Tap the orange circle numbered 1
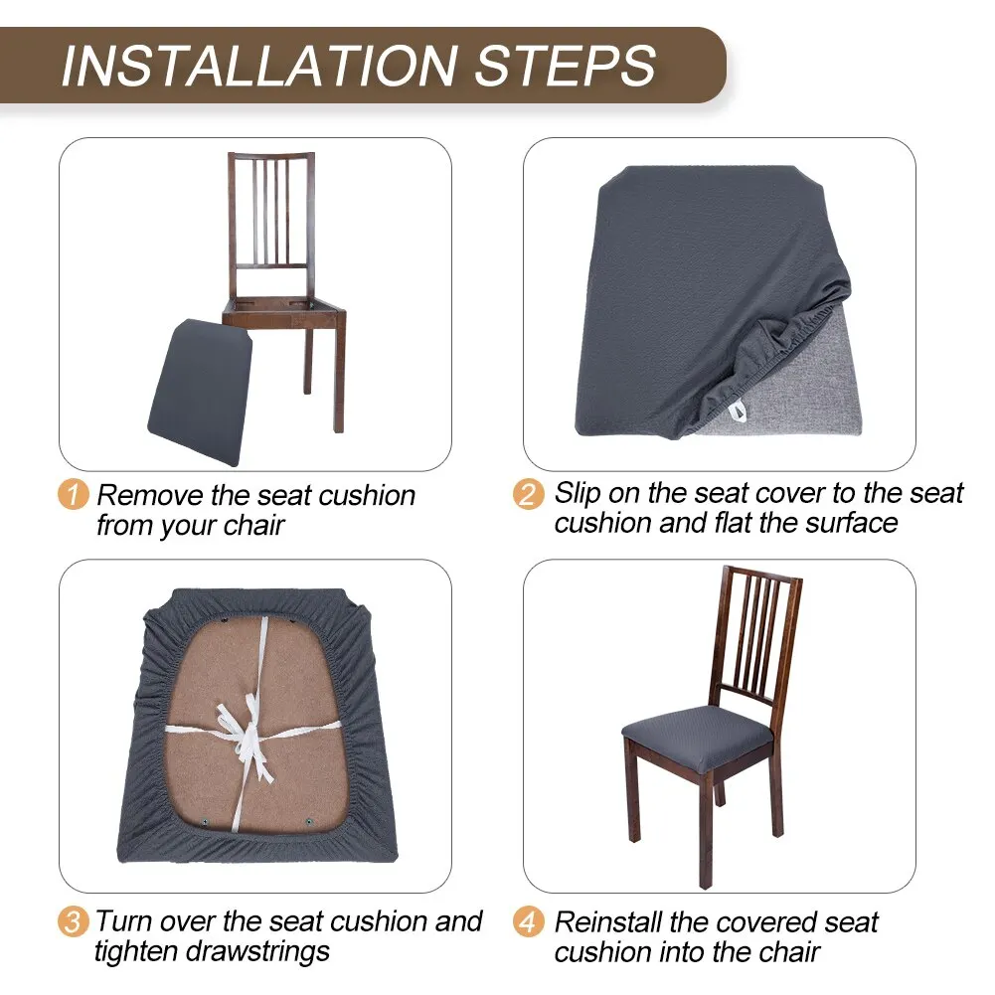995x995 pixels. point(74,495)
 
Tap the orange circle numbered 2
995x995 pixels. point(530,495)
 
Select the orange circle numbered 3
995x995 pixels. point(74,920)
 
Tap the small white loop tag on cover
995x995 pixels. point(738,409)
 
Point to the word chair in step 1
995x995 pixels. point(253,526)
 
